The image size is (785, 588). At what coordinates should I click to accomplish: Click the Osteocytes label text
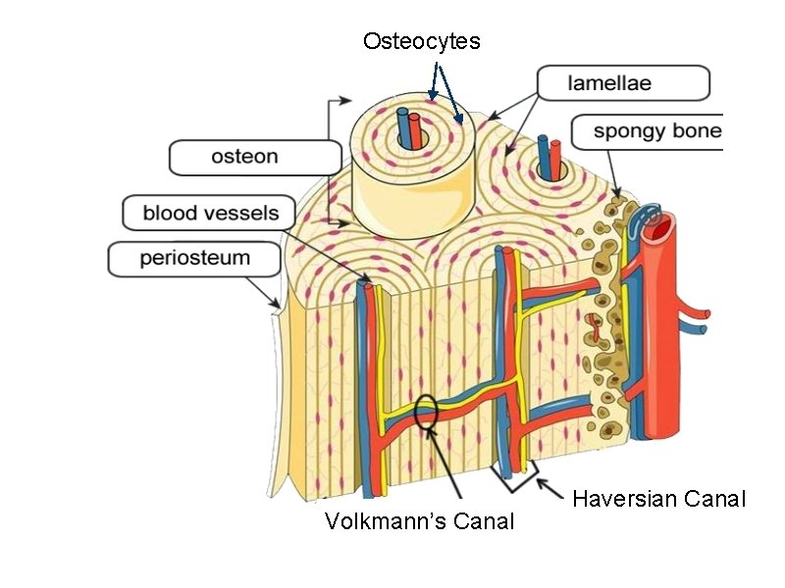point(421,41)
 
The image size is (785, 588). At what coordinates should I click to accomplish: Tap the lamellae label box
point(623,83)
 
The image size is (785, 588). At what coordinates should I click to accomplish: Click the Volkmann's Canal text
point(419,521)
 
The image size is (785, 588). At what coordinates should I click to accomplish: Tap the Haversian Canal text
point(658,499)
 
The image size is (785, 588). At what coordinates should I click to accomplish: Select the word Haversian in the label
point(626,499)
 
